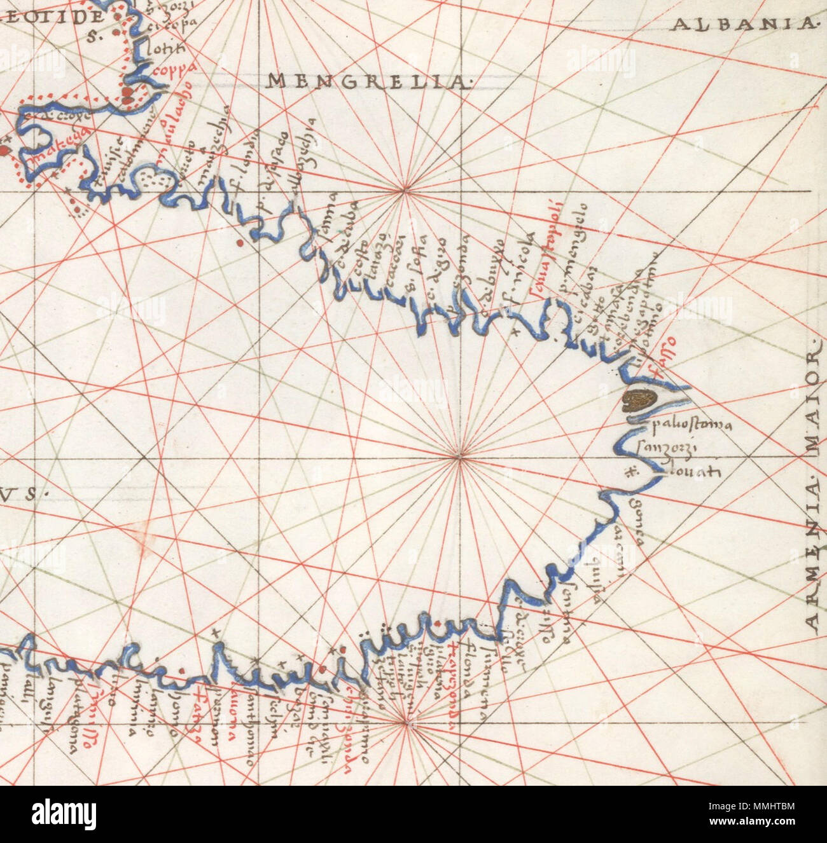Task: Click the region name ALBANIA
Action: point(743,25)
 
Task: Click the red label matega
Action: point(54,156)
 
